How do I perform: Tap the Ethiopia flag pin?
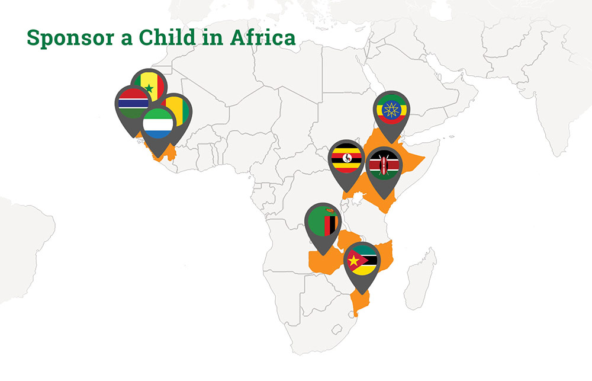click(392, 109)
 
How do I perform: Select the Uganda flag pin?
click(346, 159)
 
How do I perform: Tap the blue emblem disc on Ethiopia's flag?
click(392, 109)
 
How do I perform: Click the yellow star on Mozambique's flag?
click(354, 260)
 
